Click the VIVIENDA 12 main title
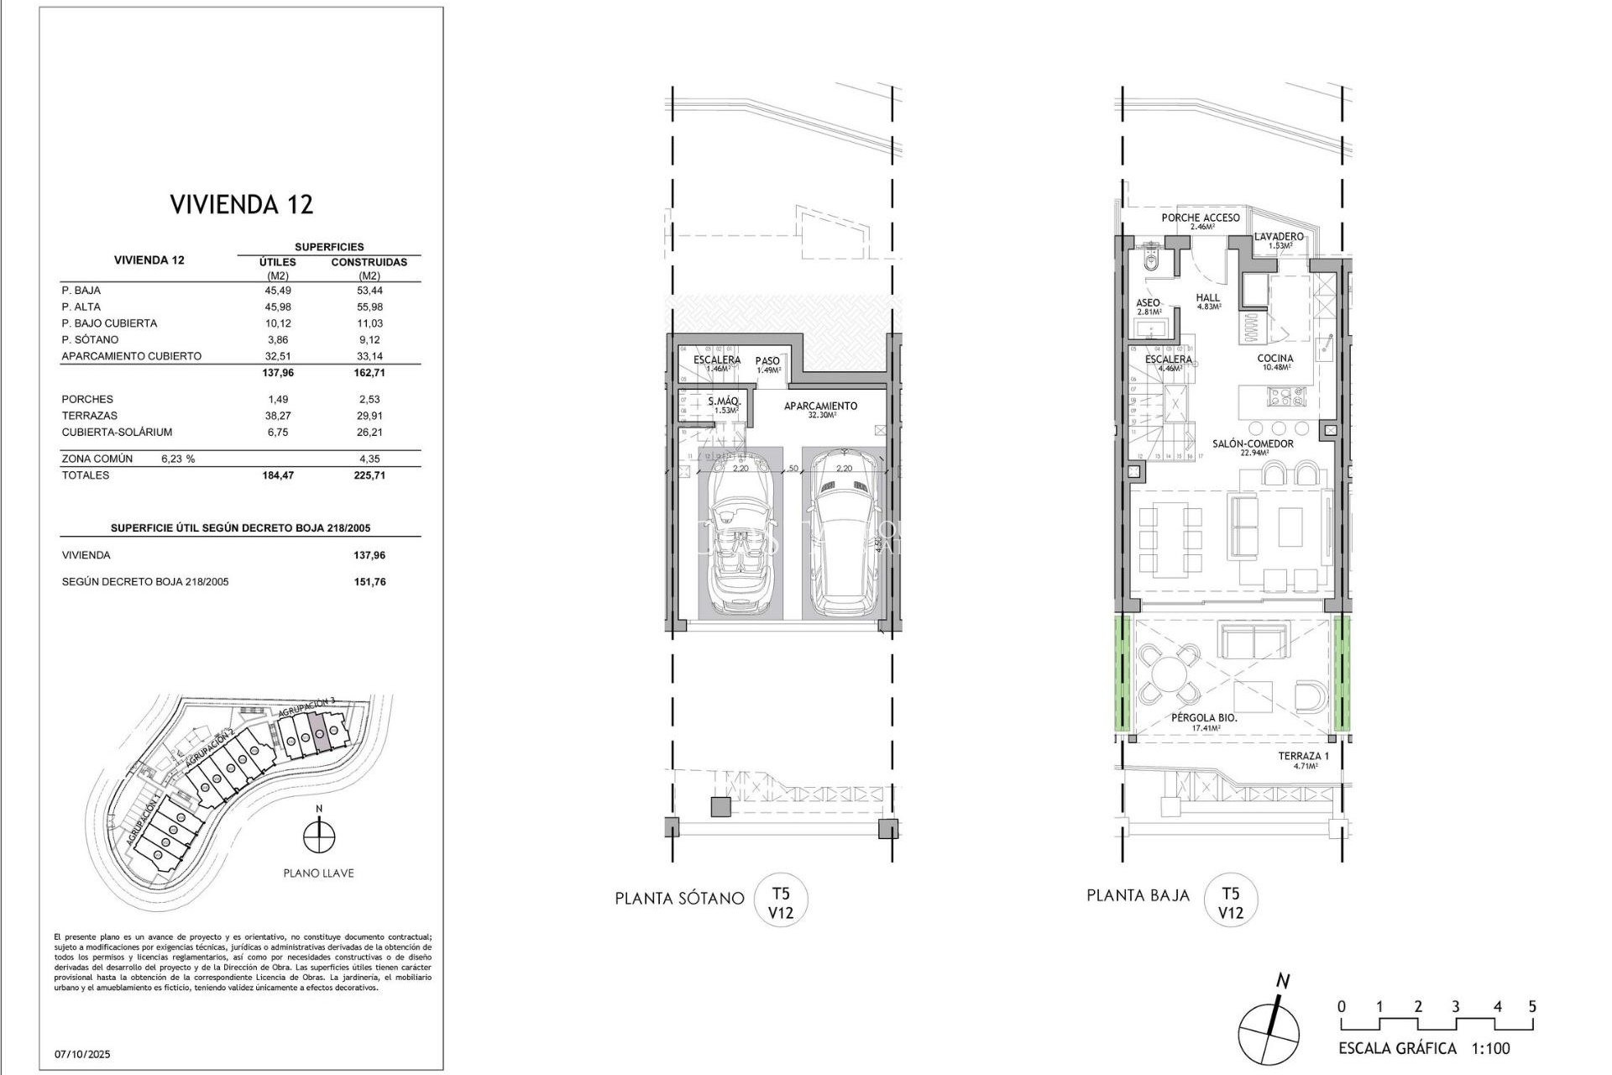pos(241,204)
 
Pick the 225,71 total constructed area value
pos(369,475)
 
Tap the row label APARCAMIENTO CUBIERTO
pos(131,356)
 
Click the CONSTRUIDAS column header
pos(369,262)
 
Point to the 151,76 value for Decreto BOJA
pos(369,582)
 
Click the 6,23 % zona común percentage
pos(177,459)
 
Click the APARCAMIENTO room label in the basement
pos(820,406)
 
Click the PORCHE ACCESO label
pos(1200,218)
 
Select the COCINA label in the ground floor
pos(1274,359)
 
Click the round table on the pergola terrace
pos(1168,673)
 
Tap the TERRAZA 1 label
pos(1303,757)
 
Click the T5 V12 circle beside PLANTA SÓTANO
pos(781,901)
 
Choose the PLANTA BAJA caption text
pos(1138,895)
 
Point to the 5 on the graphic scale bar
pos(1532,1006)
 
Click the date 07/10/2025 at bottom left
pos(82,1054)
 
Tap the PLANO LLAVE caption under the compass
pos(318,873)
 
